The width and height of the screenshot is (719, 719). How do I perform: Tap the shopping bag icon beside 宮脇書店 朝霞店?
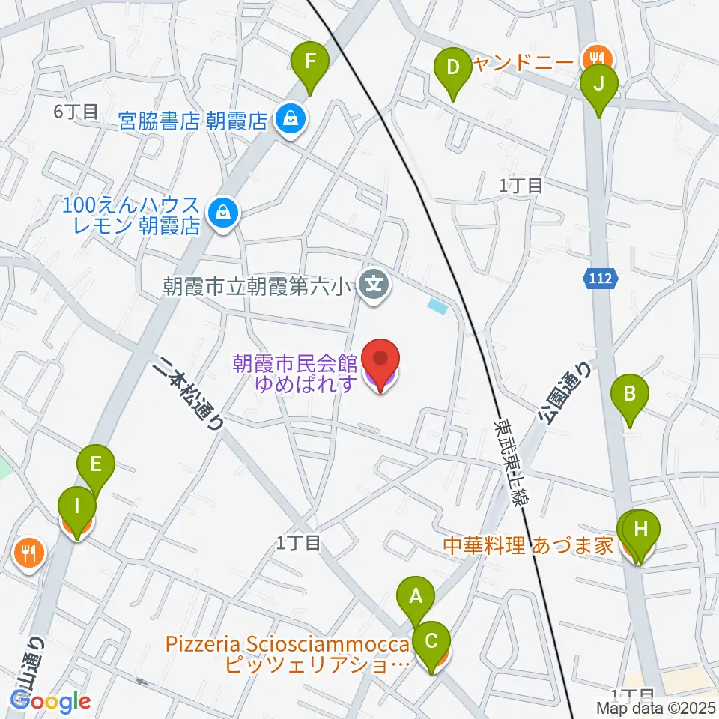coord(288,118)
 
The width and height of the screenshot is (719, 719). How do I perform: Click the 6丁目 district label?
coord(76,112)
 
